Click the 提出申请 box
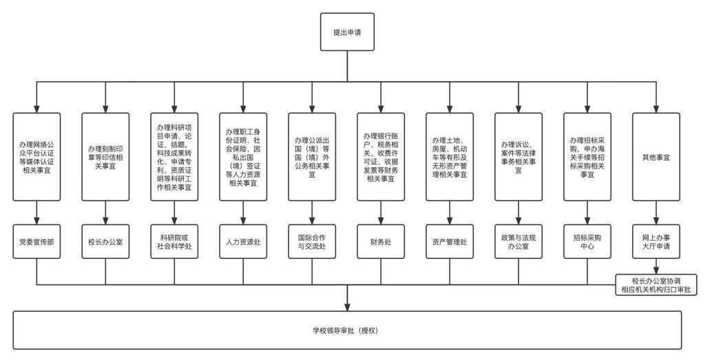pos(347,32)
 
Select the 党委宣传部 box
pos(36,242)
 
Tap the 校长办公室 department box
pos(105,242)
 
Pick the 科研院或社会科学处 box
pos(174,242)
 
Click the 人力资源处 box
pos(243,242)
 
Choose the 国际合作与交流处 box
pos(312,242)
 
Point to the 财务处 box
pos(381,242)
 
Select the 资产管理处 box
pos(450,242)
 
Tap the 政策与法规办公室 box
pos(518,242)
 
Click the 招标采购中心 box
pos(587,242)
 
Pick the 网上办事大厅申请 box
pos(656,242)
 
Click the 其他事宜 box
pos(656,157)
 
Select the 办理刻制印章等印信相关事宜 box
pos(105,157)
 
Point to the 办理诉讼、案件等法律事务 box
pos(518,157)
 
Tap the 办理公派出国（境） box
pos(312,157)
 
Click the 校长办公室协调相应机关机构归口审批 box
pos(656,284)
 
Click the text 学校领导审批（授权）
pos(347,331)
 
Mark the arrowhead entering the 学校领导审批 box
pos(347,306)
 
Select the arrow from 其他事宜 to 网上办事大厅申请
pos(656,213)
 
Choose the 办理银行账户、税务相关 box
pos(381,157)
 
